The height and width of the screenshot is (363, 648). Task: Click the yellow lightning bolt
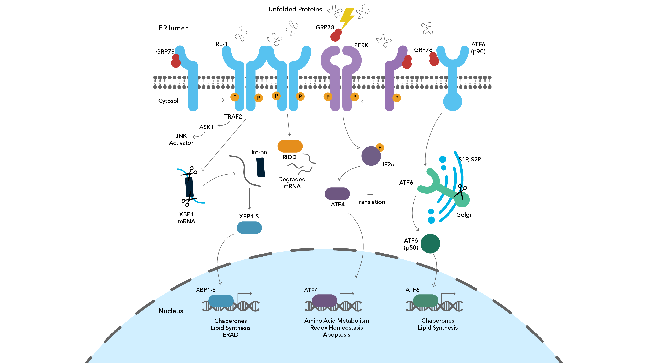pyautogui.click(x=347, y=18)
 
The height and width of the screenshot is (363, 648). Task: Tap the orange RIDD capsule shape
pyautogui.click(x=290, y=146)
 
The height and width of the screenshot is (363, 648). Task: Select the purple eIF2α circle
pyautogui.click(x=371, y=156)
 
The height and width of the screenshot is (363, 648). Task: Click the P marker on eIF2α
pyautogui.click(x=380, y=148)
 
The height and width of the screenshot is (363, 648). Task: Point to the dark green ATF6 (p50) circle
pyautogui.click(x=430, y=244)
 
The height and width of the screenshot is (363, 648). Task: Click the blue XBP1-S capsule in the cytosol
pyautogui.click(x=249, y=228)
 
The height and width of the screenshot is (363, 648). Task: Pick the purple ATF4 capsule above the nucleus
pyautogui.click(x=337, y=194)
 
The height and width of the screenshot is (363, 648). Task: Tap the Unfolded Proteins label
pyautogui.click(x=295, y=9)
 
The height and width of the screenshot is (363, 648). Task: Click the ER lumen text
pyautogui.click(x=173, y=28)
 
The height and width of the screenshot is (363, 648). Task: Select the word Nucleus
pyautogui.click(x=171, y=311)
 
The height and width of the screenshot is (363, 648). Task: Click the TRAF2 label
pyautogui.click(x=233, y=117)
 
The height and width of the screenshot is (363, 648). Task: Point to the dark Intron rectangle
pyautogui.click(x=261, y=167)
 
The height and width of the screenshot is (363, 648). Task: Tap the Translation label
pyautogui.click(x=370, y=202)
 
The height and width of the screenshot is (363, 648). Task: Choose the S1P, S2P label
pyautogui.click(x=469, y=160)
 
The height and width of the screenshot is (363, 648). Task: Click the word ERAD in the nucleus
pyautogui.click(x=230, y=335)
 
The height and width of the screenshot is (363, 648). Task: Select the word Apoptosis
pyautogui.click(x=336, y=335)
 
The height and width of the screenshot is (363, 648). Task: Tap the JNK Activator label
pyautogui.click(x=181, y=139)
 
